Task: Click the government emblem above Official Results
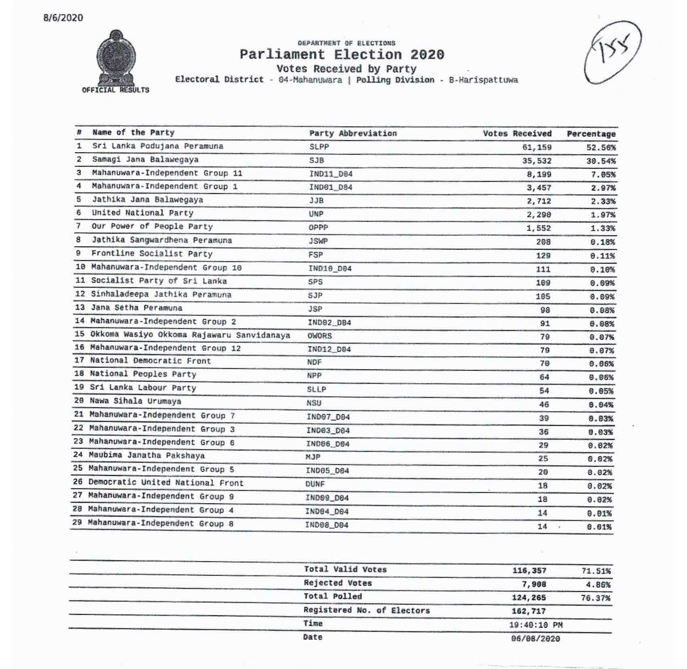coord(116,57)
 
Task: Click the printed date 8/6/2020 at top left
coord(63,18)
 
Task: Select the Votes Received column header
coord(517,134)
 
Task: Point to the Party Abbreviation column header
coord(353,133)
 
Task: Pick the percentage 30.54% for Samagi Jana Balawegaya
coord(601,161)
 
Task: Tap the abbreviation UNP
coord(316,214)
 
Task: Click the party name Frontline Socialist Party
coord(152,254)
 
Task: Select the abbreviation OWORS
coord(319,336)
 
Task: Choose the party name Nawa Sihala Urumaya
coord(135,401)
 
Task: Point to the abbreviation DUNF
coord(315,484)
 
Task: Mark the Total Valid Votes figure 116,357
coord(529,571)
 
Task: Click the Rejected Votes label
coord(337,583)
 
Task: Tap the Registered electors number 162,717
coord(529,611)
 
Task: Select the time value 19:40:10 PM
coord(535,625)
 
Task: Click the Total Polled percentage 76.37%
coord(595,598)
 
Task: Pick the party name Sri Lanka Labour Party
coord(143,388)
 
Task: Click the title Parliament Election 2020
coord(342,55)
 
